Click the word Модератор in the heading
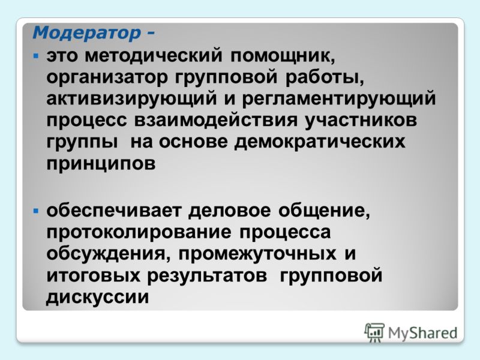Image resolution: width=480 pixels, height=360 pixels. [86, 33]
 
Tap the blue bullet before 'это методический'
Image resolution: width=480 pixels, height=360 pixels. [36, 56]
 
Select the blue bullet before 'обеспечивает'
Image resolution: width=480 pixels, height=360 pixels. [36, 211]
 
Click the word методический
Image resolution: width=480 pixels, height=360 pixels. [153, 56]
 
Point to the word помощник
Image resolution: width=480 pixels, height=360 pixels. [282, 56]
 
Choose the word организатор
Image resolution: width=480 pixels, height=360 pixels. [107, 78]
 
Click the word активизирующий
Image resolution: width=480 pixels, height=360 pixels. [131, 99]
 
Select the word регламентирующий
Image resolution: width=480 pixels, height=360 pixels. [339, 99]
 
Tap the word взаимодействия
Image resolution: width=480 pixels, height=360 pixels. [216, 120]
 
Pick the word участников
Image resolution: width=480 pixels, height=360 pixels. [361, 120]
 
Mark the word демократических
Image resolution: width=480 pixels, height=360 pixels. [320, 142]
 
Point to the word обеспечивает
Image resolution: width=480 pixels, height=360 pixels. [114, 211]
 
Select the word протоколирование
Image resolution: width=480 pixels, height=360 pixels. [139, 233]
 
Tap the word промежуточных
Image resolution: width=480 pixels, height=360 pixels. [257, 254]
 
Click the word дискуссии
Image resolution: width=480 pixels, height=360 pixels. [97, 297]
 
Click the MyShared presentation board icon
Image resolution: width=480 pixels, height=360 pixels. [374, 333]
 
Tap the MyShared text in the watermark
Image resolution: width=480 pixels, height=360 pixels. [422, 333]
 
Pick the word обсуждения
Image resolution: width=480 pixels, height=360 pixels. [106, 254]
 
